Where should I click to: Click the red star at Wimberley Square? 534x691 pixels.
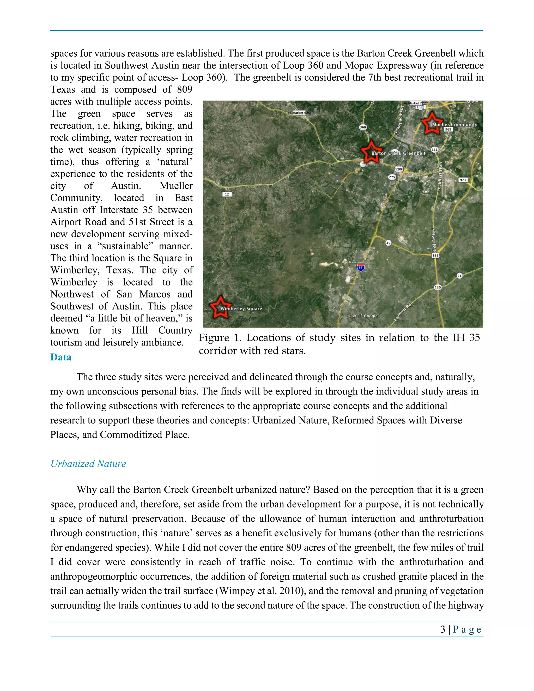(x=220, y=307)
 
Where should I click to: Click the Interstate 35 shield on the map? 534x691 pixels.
(x=361, y=267)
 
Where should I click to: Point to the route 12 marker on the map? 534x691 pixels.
(x=227, y=194)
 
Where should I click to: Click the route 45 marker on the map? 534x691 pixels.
(x=388, y=243)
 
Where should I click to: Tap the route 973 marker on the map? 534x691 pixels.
(x=463, y=180)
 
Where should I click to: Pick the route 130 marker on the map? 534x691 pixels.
(x=438, y=287)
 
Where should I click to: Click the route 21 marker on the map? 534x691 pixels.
(x=459, y=276)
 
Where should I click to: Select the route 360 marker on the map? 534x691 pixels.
(x=363, y=127)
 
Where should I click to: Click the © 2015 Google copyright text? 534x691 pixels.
(x=362, y=316)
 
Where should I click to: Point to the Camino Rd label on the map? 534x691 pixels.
(x=403, y=312)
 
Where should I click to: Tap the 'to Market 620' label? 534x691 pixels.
(x=299, y=113)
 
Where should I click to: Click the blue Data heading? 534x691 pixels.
(x=61, y=357)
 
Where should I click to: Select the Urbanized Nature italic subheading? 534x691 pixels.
(x=88, y=464)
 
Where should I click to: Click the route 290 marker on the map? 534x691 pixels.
(x=399, y=169)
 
